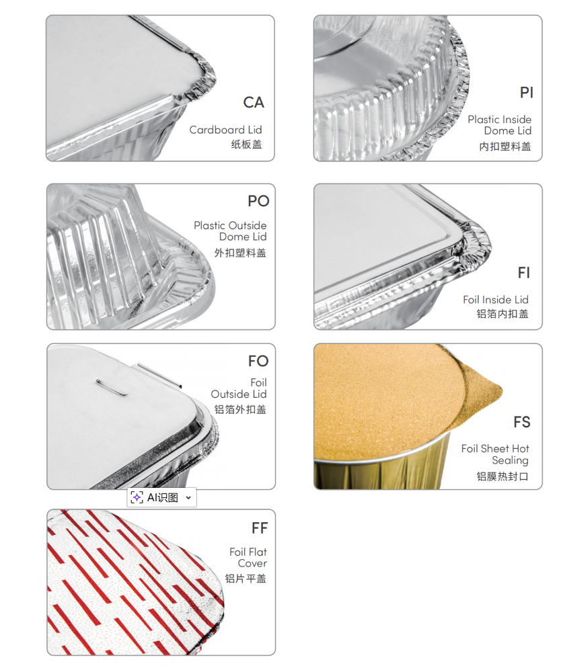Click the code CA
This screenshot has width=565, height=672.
[254, 103]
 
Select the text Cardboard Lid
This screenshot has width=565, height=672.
[225, 130]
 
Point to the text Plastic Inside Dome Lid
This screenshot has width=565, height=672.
[500, 125]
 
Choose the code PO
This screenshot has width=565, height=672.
[258, 201]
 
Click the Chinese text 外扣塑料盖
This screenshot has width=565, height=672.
[240, 253]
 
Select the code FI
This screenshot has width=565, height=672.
[524, 273]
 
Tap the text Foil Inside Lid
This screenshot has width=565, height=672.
[496, 300]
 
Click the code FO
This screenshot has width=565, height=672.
[258, 362]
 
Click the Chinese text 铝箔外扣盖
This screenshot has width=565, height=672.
[240, 409]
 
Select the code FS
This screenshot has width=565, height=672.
[522, 422]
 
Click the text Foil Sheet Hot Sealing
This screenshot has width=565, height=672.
[495, 454]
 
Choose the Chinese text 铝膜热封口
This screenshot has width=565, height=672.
[502, 476]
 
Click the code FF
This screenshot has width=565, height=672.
[259, 528]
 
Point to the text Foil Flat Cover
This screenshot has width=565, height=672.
[248, 558]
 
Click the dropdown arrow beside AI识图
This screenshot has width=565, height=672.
[188, 497]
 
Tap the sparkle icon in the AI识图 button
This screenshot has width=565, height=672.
[137, 497]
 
